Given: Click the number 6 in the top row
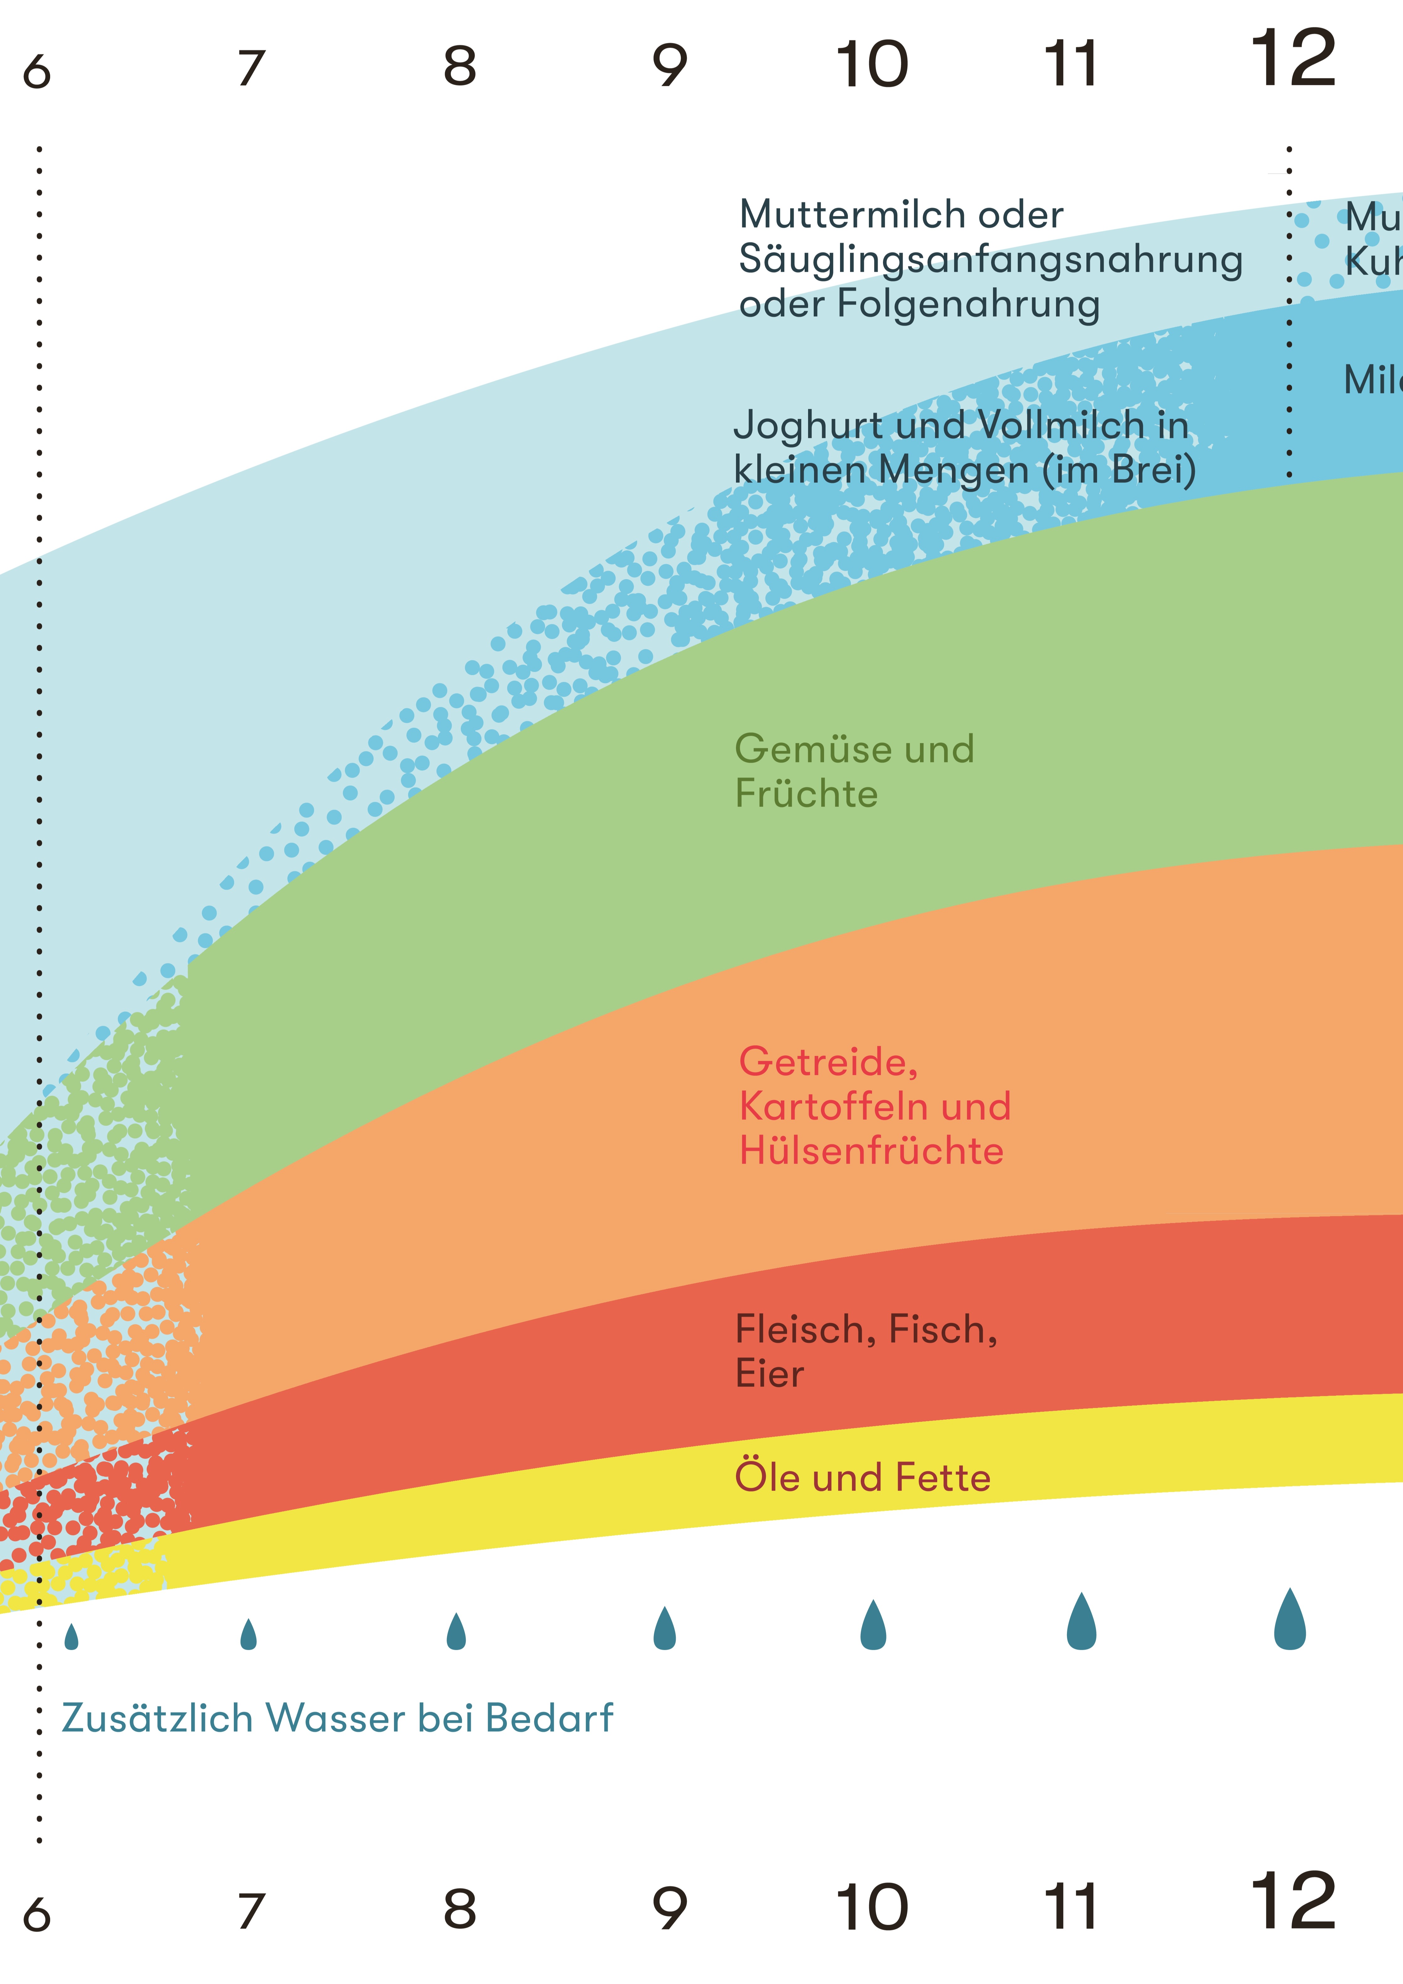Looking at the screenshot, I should click(x=37, y=72).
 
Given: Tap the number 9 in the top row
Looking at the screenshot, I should click(x=670, y=66).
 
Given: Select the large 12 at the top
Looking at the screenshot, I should click(x=1293, y=59).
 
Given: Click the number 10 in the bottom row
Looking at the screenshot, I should click(x=873, y=1907).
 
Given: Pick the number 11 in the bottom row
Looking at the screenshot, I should click(x=1071, y=1907).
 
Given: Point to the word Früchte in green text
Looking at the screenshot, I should click(x=806, y=794).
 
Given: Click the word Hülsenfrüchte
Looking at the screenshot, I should click(x=871, y=1151).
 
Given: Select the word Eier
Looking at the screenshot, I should click(x=769, y=1374).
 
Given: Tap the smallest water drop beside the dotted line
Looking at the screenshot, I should click(x=72, y=1637).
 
